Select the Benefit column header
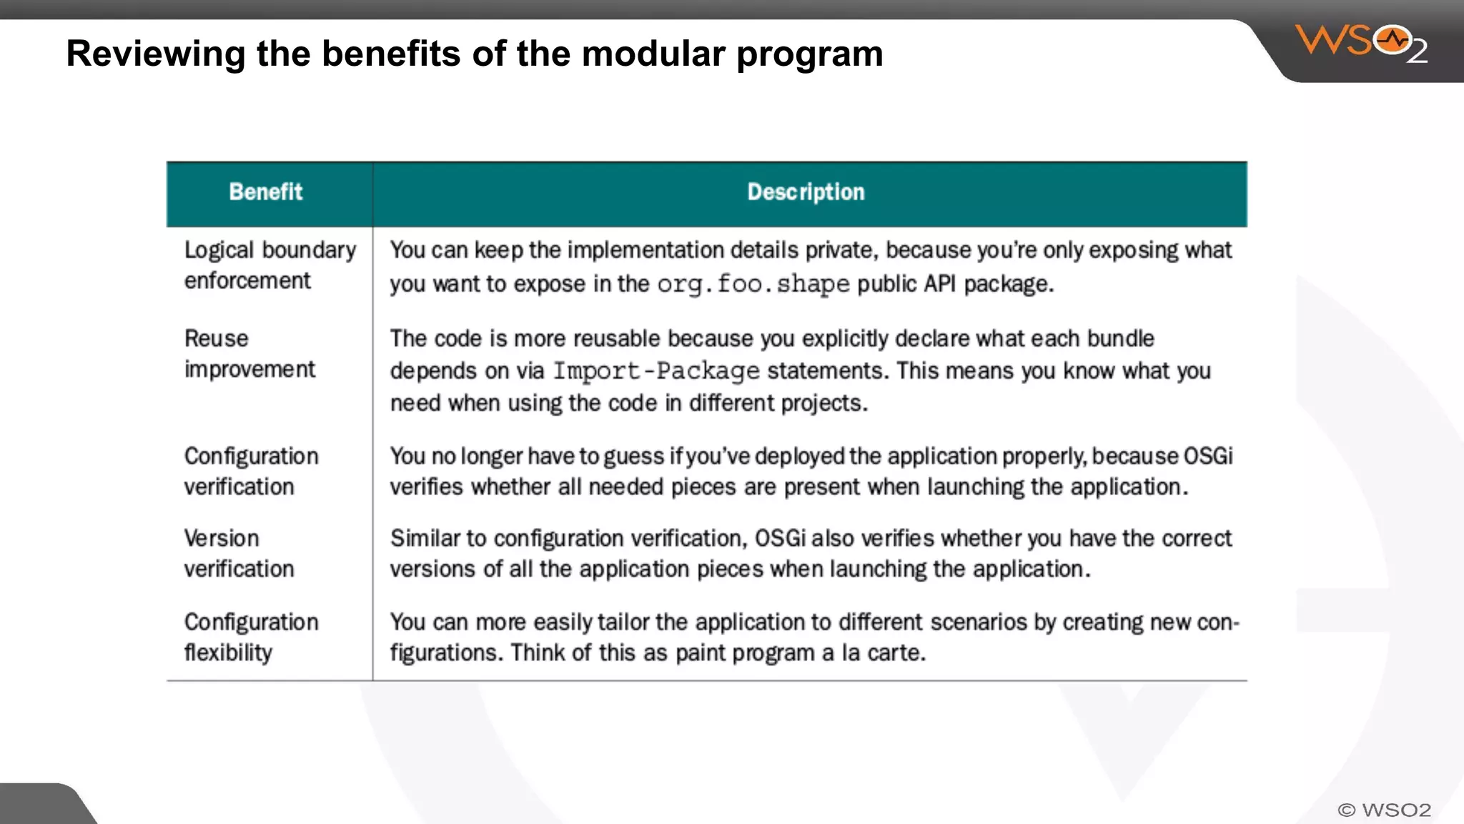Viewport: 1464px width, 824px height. point(266,192)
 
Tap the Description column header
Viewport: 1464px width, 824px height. point(806,192)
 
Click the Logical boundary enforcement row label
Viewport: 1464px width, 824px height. point(269,265)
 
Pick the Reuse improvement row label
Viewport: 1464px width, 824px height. point(249,353)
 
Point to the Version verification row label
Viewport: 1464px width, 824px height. point(239,553)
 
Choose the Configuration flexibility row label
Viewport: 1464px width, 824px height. point(251,637)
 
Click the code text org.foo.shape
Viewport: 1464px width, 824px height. point(753,284)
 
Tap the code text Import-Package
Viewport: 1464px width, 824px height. point(656,371)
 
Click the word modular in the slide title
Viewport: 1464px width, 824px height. point(653,54)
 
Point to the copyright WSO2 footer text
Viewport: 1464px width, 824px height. point(1384,810)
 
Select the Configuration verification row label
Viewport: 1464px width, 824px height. point(251,471)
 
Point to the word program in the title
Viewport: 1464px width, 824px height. point(809,54)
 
